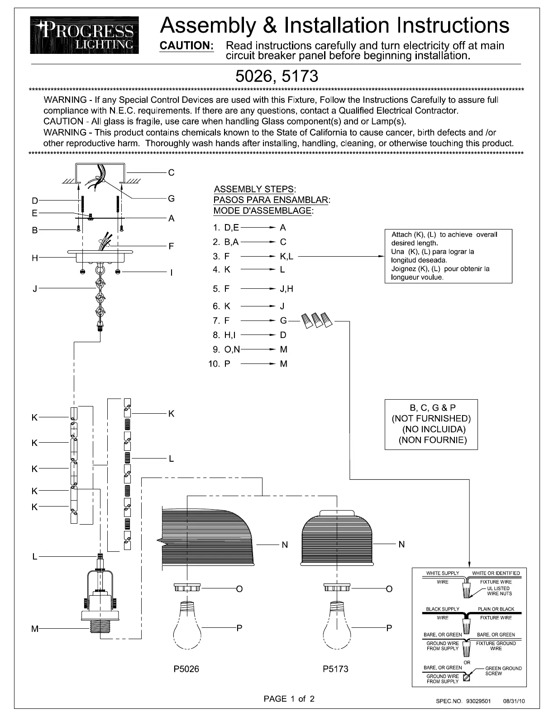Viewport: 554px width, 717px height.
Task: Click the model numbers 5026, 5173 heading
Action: pyautogui.click(x=277, y=76)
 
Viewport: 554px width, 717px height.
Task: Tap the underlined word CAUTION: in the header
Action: pyautogui.click(x=186, y=46)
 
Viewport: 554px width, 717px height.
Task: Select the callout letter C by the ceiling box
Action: pyautogui.click(x=171, y=172)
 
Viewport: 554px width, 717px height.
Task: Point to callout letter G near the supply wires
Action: pyautogui.click(x=171, y=198)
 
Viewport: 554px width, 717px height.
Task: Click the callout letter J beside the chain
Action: pyautogui.click(x=35, y=288)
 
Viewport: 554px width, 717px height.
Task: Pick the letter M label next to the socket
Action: pyautogui.click(x=35, y=628)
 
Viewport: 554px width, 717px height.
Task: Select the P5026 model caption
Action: pyautogui.click(x=186, y=669)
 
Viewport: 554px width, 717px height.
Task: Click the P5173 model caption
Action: pyautogui.click(x=335, y=669)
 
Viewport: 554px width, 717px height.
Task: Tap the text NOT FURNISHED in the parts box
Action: pyautogui.click(x=431, y=418)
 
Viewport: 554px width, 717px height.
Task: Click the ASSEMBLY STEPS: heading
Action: pyautogui.click(x=255, y=189)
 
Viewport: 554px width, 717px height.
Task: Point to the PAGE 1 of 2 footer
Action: pyautogui.click(x=289, y=698)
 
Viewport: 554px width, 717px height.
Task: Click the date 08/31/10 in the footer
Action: pyautogui.click(x=514, y=701)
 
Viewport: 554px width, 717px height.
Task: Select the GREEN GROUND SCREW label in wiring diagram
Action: pyautogui.click(x=503, y=671)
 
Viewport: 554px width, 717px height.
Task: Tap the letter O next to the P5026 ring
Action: pyautogui.click(x=239, y=589)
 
